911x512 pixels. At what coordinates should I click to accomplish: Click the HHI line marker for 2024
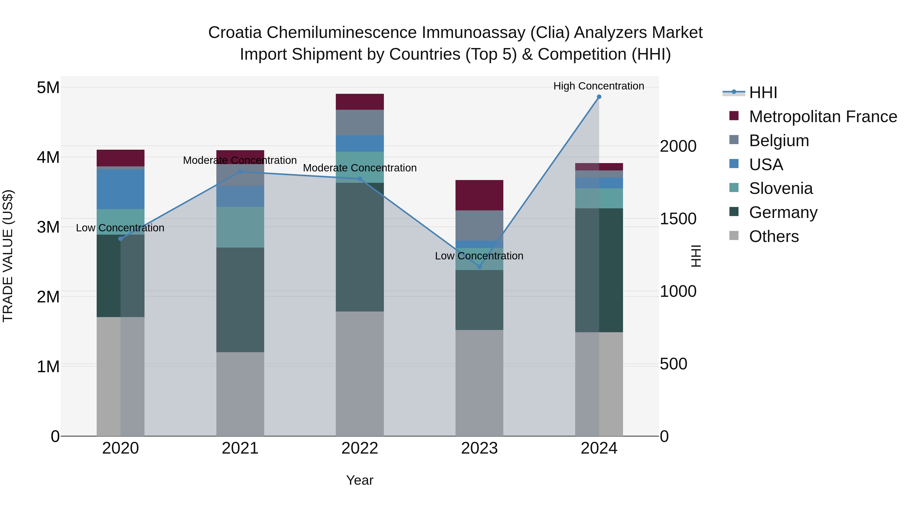(x=599, y=97)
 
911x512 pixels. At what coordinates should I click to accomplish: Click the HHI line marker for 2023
(x=479, y=266)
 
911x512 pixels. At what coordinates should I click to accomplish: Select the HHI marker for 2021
(x=240, y=172)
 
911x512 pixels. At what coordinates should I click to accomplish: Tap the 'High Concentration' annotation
(x=598, y=86)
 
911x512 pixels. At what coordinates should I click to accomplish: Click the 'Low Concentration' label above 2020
(x=120, y=228)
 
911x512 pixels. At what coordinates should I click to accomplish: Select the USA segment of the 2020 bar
(x=120, y=189)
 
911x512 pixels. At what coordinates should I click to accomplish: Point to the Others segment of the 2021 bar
(x=240, y=394)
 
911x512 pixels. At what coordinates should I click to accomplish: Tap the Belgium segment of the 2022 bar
(x=360, y=122)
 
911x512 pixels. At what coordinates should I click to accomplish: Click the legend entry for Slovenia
(x=780, y=188)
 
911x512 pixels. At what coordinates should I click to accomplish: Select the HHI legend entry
(x=763, y=93)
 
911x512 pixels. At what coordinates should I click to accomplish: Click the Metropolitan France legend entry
(x=823, y=117)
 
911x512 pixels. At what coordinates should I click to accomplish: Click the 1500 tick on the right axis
(x=678, y=219)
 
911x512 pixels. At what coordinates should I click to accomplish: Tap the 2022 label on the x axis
(x=360, y=448)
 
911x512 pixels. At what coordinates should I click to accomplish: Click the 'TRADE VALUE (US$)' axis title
(x=8, y=256)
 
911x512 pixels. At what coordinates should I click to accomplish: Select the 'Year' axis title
(x=360, y=480)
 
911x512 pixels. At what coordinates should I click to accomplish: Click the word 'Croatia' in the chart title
(x=235, y=33)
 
